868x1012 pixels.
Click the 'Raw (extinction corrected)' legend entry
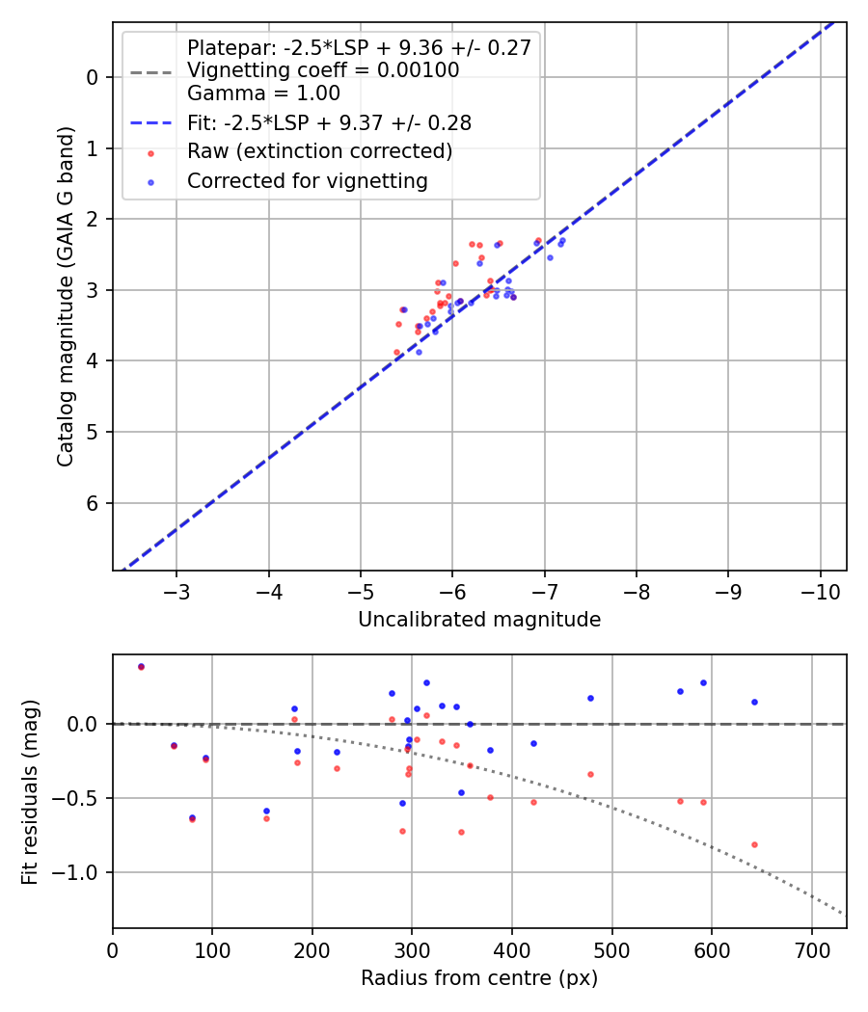(x=319, y=151)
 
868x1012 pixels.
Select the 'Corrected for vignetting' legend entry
(x=307, y=180)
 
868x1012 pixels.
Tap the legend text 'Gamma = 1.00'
(x=263, y=93)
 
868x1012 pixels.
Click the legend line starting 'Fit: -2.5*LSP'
(x=329, y=122)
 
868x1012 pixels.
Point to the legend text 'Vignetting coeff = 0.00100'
(x=323, y=70)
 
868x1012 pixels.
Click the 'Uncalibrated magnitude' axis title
(x=479, y=620)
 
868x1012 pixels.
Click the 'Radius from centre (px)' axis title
(x=479, y=978)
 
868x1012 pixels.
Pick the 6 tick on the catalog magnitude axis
(x=94, y=503)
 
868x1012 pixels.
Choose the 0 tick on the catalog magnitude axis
(x=94, y=77)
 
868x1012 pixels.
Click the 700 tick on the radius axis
(x=811, y=950)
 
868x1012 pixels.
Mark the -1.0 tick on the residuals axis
(x=82, y=872)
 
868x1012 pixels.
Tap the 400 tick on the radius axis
(x=512, y=950)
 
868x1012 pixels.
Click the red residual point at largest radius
(x=754, y=844)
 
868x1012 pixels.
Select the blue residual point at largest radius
(x=754, y=702)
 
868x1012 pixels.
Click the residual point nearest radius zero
(x=141, y=666)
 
